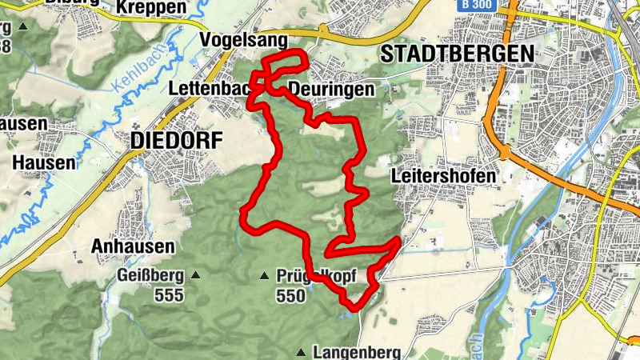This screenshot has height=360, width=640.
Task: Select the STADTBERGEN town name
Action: (458, 54)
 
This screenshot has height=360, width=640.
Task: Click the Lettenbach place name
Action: (210, 89)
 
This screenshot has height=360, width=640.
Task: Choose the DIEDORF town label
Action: (174, 141)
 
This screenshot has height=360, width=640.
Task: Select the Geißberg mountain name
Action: (150, 276)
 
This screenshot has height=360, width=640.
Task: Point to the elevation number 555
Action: (170, 296)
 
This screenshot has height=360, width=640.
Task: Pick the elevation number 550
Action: (290, 296)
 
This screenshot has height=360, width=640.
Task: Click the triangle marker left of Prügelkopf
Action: (265, 277)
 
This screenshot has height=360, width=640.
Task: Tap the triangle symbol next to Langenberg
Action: (302, 352)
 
